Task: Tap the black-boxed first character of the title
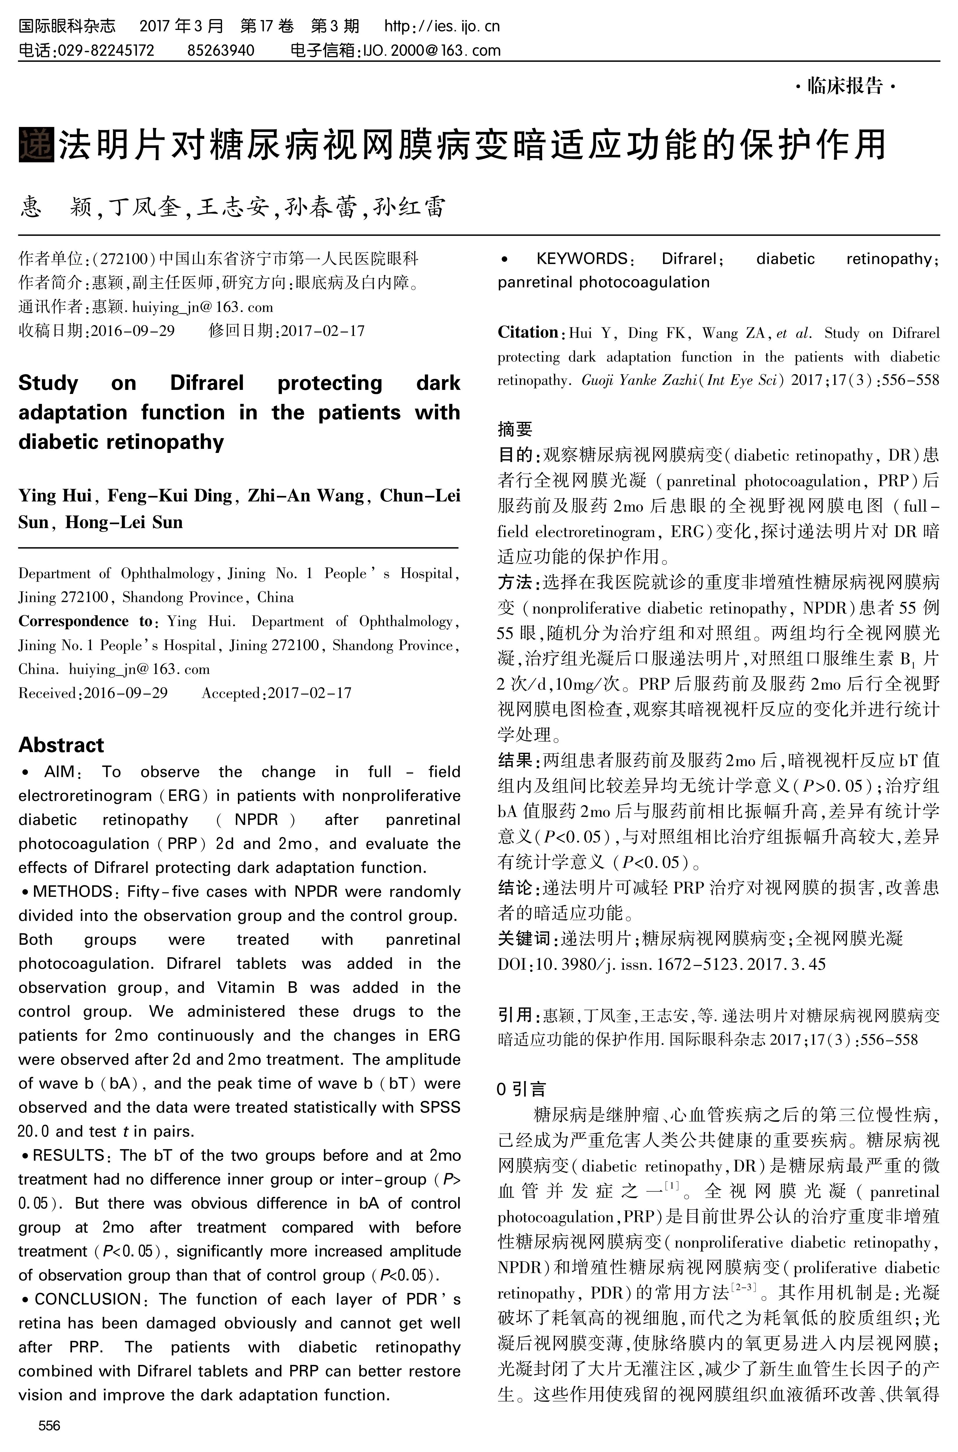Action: coord(37,145)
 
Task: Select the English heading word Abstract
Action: coord(61,745)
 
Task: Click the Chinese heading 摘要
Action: coord(514,429)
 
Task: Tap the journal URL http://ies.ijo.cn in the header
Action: coord(442,26)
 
